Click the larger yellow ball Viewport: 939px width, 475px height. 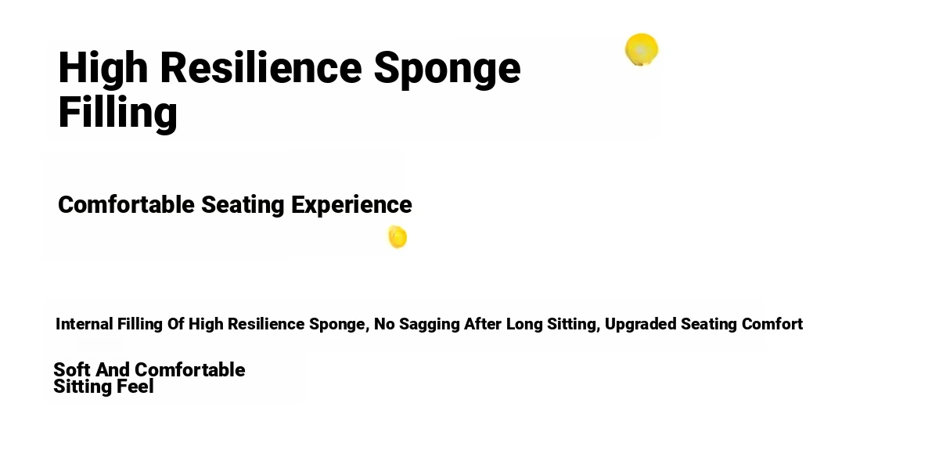pos(642,49)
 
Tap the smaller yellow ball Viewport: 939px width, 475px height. pos(398,237)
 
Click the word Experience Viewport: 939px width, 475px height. pos(351,206)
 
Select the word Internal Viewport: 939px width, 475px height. pos(85,324)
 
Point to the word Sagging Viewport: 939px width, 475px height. pos(430,325)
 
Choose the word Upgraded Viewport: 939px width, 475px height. pos(641,325)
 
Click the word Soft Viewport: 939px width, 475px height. pos(72,370)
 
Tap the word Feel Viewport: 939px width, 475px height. pos(135,387)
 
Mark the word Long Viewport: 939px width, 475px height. pos(524,325)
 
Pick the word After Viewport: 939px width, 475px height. pos(483,324)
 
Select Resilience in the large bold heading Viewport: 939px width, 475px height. pos(261,67)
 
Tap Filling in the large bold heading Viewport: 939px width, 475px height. pos(118,113)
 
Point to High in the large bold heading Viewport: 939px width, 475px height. pos(103,68)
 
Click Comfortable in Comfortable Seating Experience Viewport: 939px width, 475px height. pos(126,204)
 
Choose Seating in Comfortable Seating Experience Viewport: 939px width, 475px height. pos(243,206)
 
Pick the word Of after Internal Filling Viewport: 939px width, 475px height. pos(175,324)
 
